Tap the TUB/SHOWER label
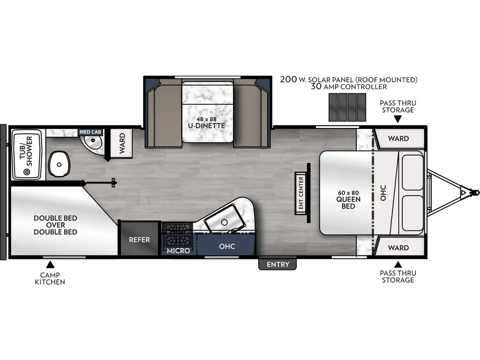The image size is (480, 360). (26, 151)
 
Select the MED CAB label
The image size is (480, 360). (90, 132)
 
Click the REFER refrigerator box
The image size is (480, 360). (140, 240)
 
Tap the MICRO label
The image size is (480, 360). (179, 251)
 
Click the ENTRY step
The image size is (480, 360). (278, 264)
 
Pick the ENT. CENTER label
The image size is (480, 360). (301, 193)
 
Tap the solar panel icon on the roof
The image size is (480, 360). (347, 106)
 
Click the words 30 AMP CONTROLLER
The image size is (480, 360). (348, 87)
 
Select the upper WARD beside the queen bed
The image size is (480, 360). (399, 138)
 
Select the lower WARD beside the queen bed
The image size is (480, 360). (399, 247)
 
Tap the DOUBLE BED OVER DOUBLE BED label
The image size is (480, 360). (55, 225)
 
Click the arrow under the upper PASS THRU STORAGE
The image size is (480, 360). (397, 120)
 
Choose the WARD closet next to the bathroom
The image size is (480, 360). (122, 143)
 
